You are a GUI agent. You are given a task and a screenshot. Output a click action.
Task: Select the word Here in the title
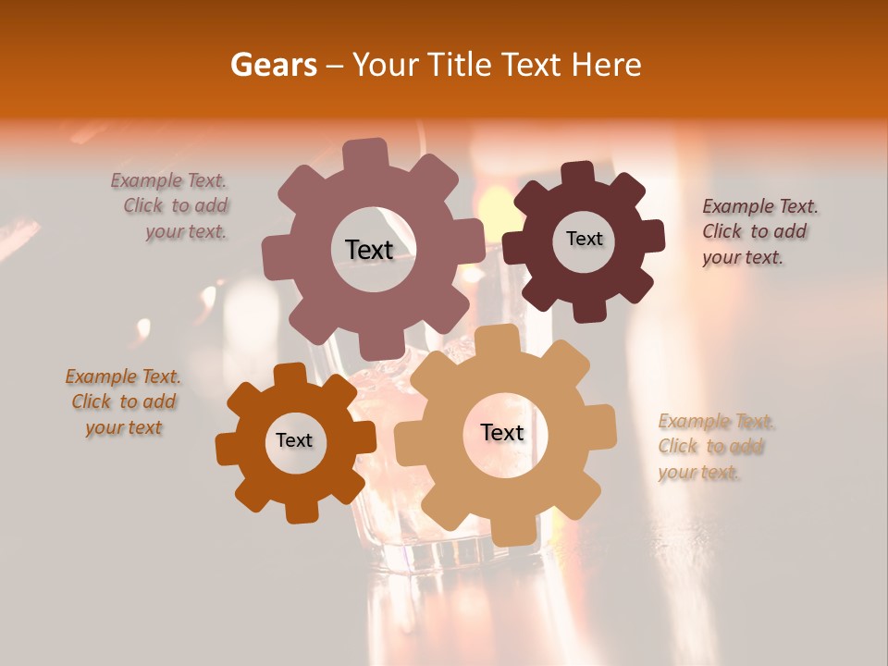[x=607, y=65]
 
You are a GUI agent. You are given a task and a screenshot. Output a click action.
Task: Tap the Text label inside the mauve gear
[x=370, y=250]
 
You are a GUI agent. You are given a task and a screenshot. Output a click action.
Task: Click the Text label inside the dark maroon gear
[x=584, y=239]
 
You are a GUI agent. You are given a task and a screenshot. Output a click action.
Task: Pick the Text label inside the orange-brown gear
[x=294, y=440]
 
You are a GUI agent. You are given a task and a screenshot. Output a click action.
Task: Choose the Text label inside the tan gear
[x=502, y=432]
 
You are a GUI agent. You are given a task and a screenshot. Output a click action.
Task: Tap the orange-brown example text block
[x=124, y=401]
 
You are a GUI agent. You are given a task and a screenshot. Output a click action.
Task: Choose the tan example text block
[x=714, y=447]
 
